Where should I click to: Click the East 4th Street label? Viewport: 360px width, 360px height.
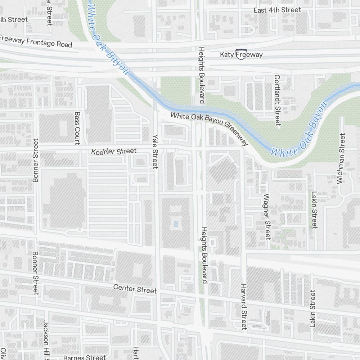(x=277, y=10)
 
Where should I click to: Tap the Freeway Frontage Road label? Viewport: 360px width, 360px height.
(x=36, y=41)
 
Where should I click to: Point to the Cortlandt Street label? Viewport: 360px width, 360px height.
(x=277, y=100)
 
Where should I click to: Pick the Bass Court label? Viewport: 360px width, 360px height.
(x=77, y=128)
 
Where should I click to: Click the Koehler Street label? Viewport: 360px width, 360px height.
(x=114, y=152)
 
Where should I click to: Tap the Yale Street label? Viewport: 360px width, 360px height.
(x=155, y=152)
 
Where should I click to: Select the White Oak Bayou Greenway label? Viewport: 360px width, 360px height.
(x=209, y=128)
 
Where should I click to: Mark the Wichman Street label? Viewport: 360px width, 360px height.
(x=342, y=158)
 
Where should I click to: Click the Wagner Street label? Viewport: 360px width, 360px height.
(x=267, y=217)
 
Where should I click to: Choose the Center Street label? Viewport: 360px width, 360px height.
(x=135, y=289)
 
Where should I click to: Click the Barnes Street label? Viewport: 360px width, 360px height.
(x=84, y=357)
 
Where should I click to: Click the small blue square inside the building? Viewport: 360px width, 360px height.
(x=176, y=224)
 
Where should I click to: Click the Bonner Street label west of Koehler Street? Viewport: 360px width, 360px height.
(x=35, y=160)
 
